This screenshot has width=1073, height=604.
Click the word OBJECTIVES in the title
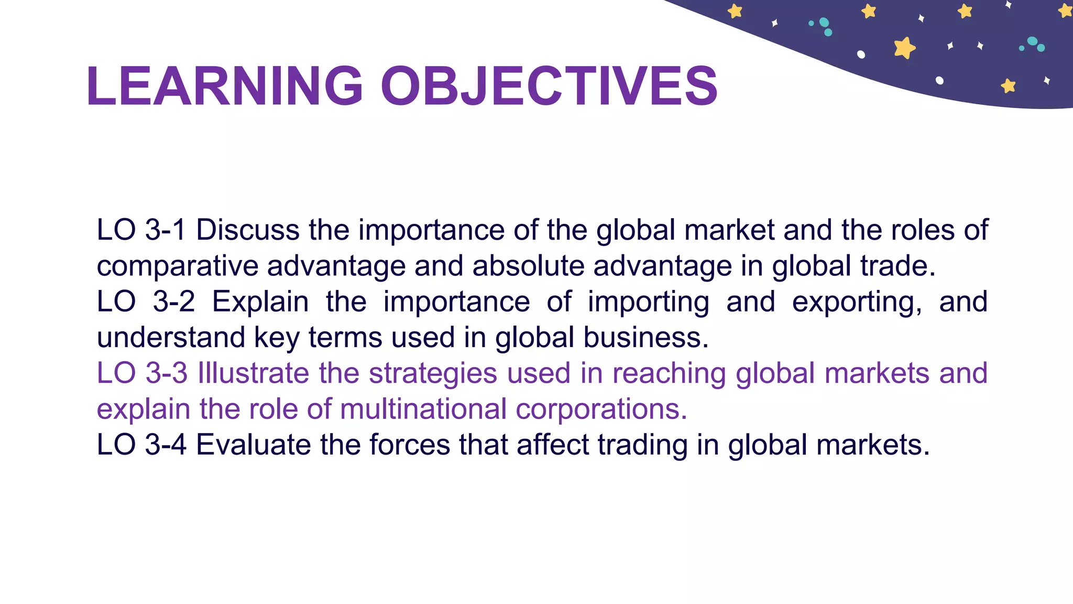(x=549, y=87)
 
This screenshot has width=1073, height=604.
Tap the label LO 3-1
(x=141, y=230)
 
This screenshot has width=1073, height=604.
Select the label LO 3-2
(x=145, y=302)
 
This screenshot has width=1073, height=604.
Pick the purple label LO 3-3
(x=142, y=373)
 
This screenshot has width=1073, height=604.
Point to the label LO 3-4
(x=141, y=445)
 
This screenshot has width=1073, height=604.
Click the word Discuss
(x=248, y=230)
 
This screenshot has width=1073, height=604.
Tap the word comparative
(x=177, y=266)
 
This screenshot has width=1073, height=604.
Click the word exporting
(x=857, y=303)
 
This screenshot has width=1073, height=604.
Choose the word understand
(x=171, y=338)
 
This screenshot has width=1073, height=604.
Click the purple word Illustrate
(x=253, y=373)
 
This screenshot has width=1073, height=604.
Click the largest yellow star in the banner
(x=904, y=48)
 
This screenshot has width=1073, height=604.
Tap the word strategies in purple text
(x=433, y=374)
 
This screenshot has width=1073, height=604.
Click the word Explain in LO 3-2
(x=260, y=303)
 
